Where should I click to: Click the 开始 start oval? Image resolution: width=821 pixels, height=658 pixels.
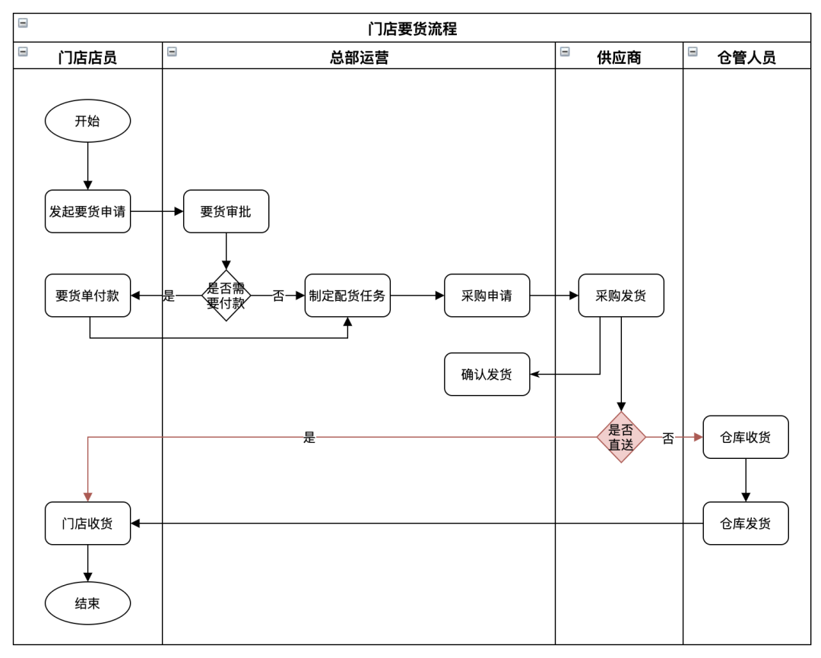pyautogui.click(x=87, y=121)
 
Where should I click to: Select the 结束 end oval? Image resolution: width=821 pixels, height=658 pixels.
pyautogui.click(x=87, y=603)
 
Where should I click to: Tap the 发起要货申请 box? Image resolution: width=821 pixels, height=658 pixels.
pyautogui.click(x=87, y=211)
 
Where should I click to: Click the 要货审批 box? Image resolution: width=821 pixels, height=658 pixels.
pyautogui.click(x=226, y=211)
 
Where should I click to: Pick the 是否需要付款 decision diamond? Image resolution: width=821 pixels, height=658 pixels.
pyautogui.click(x=226, y=296)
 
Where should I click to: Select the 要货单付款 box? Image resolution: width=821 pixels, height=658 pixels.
pyautogui.click(x=87, y=296)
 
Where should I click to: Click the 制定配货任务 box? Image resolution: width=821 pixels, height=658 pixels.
pyautogui.click(x=347, y=296)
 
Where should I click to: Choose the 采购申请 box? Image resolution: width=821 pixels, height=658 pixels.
pyautogui.click(x=487, y=296)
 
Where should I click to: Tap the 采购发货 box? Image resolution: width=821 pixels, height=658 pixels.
pyautogui.click(x=620, y=296)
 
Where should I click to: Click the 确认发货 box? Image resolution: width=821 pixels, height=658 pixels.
pyautogui.click(x=487, y=374)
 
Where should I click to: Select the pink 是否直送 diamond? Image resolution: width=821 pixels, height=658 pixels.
pyautogui.click(x=620, y=437)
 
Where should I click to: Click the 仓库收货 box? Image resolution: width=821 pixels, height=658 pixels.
pyautogui.click(x=745, y=437)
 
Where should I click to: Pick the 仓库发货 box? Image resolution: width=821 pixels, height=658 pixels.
pyautogui.click(x=745, y=523)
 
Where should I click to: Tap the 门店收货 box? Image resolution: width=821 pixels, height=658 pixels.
pyautogui.click(x=87, y=523)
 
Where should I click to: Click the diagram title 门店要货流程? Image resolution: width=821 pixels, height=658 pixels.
pyautogui.click(x=412, y=29)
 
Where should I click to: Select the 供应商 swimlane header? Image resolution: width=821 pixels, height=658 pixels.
pyautogui.click(x=619, y=57)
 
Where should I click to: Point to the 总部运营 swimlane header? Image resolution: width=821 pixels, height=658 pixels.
pyautogui.click(x=359, y=57)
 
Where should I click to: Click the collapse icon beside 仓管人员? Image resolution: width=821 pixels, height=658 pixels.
pyautogui.click(x=693, y=52)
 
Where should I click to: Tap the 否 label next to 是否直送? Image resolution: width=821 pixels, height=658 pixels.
pyautogui.click(x=667, y=438)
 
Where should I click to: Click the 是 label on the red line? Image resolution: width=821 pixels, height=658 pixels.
pyautogui.click(x=309, y=438)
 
